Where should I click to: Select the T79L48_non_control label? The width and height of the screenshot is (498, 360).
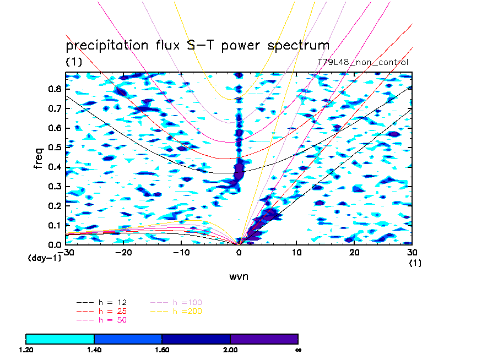(x=363, y=62)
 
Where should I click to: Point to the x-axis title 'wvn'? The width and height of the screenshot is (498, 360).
(x=239, y=276)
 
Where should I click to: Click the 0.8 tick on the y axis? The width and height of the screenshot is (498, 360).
(x=55, y=88)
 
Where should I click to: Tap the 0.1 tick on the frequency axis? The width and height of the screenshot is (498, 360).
(x=55, y=225)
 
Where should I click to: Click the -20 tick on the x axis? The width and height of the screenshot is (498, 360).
(x=123, y=252)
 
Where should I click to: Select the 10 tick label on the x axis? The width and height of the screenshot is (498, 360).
(x=297, y=252)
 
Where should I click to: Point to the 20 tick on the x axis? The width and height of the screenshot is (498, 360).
(x=355, y=252)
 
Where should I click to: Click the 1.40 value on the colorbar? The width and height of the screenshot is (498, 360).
(x=94, y=350)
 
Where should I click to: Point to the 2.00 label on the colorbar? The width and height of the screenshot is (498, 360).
(x=230, y=350)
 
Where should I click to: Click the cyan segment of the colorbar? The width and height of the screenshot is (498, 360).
(x=60, y=339)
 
